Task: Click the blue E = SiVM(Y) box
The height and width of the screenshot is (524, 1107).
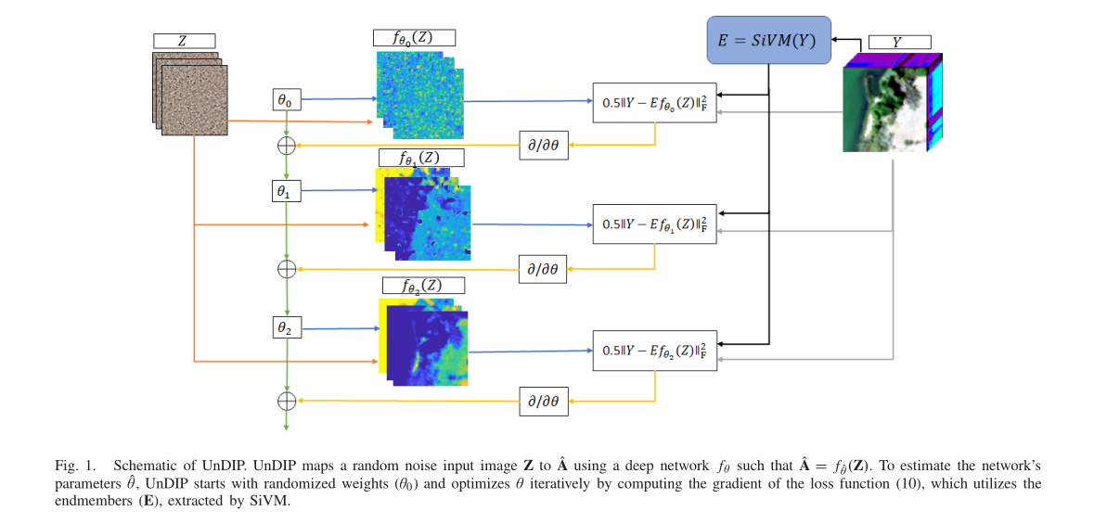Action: (x=767, y=40)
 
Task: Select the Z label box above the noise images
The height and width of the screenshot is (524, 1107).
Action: (x=184, y=41)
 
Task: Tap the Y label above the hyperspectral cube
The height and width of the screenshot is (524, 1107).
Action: (x=899, y=42)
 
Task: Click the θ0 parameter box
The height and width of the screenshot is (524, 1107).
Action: (x=286, y=98)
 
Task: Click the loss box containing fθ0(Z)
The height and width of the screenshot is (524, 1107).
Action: (x=654, y=103)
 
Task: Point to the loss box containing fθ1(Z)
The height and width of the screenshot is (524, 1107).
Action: (x=654, y=224)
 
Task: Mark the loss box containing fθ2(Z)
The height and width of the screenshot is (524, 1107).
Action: (x=654, y=351)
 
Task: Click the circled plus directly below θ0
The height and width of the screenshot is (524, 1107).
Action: (x=287, y=145)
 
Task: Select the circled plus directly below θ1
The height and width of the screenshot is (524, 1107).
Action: (x=287, y=269)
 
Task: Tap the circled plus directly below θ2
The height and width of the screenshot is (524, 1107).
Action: (x=287, y=401)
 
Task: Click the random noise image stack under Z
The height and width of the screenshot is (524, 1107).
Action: (x=189, y=94)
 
